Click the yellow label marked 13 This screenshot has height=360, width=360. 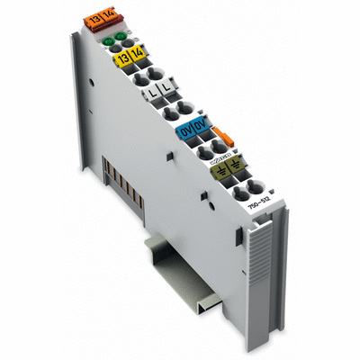121,57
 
